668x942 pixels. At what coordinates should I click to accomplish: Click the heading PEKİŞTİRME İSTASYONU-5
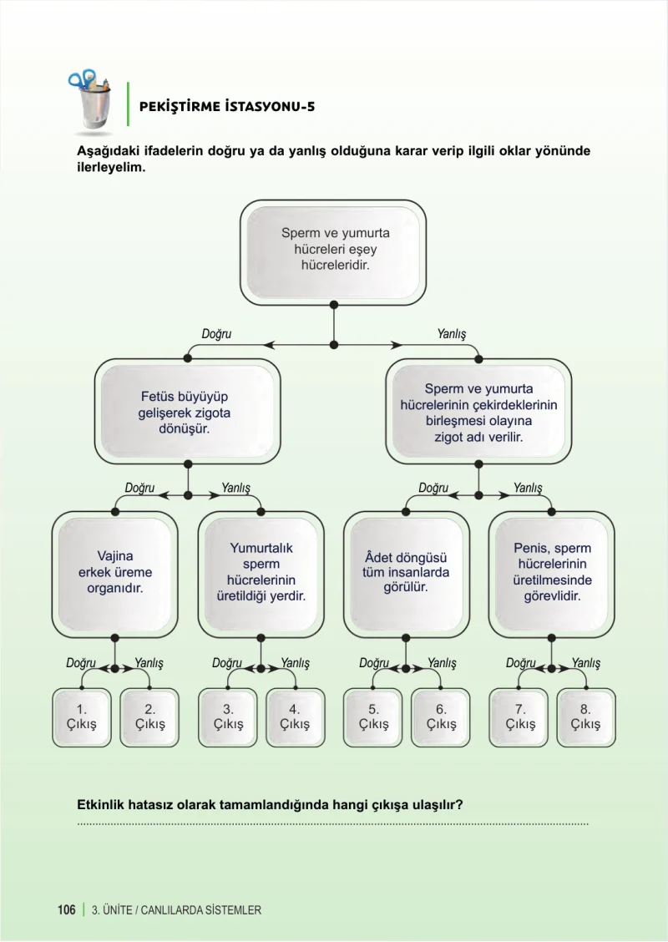coord(227,107)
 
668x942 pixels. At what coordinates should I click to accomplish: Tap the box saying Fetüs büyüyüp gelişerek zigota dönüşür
coord(187,413)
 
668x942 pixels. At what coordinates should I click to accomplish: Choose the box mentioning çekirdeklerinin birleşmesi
coord(478,413)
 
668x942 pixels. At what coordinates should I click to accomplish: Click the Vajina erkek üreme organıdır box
coord(114,575)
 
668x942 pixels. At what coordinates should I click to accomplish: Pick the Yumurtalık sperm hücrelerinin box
coord(261,575)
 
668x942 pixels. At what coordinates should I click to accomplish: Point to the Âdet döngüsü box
coord(406,575)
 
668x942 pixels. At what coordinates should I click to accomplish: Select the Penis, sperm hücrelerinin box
coord(551,575)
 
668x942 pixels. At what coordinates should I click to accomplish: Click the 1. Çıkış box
coord(82,717)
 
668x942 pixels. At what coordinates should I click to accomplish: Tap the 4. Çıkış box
coord(295,717)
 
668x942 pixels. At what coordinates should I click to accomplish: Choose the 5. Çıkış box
coord(373,717)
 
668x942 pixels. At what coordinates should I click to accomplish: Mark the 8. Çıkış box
coord(585,717)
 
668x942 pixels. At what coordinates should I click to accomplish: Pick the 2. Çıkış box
coord(149,717)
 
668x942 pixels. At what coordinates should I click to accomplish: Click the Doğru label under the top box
coord(216,334)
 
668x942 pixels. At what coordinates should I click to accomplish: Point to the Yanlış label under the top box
coord(451,334)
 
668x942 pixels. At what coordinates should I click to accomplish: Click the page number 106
coord(67,909)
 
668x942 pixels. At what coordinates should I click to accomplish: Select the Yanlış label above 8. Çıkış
coord(585,663)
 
